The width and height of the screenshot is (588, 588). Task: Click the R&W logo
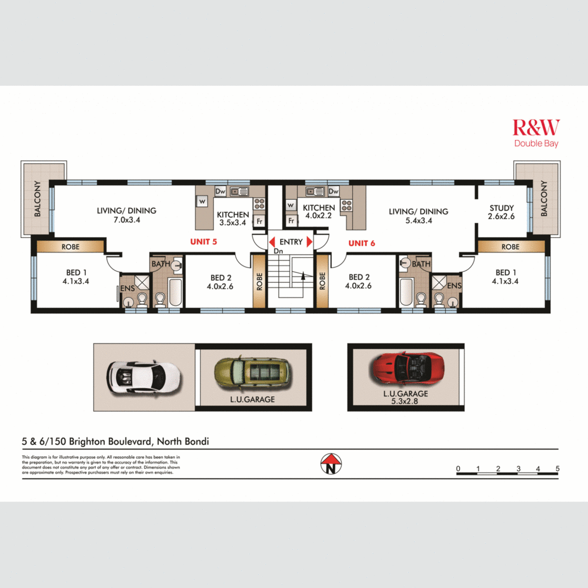point(536,127)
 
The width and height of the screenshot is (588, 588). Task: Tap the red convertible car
point(407,368)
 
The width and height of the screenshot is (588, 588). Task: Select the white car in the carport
point(143,376)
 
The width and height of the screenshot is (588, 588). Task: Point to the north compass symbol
point(331,464)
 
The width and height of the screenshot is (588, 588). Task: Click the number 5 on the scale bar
point(557,468)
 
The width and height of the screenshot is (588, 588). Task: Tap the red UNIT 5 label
point(203,241)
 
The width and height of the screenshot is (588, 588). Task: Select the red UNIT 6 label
point(361,243)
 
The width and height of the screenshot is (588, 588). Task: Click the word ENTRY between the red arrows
point(291,242)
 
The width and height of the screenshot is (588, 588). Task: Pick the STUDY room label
point(501,208)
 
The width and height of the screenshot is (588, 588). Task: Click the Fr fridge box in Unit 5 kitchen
point(259,221)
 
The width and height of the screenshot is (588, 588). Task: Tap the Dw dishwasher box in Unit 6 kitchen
point(333,191)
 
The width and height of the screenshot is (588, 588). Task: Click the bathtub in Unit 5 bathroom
point(175,292)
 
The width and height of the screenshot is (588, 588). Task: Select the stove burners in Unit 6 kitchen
point(347,206)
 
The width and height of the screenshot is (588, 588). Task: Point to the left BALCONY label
point(37,198)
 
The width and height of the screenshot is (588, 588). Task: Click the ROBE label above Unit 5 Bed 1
point(71,246)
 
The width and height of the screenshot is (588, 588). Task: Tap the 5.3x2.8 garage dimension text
point(405,401)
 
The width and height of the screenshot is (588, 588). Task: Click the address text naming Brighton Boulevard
point(115,441)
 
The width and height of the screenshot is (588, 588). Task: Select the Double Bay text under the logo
point(536,144)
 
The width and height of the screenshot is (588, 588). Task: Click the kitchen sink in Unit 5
point(239,192)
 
